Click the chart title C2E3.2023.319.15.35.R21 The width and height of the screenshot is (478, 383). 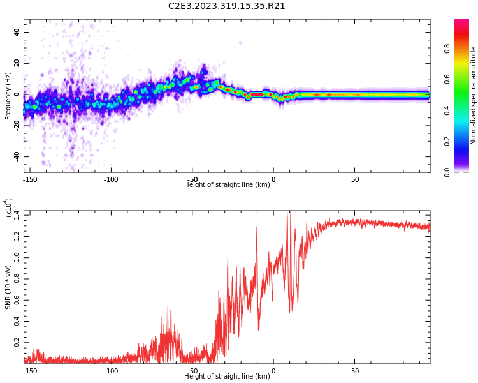point(227,6)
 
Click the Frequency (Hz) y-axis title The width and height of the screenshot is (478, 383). point(8,96)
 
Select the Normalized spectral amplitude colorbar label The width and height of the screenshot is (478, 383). point(474,96)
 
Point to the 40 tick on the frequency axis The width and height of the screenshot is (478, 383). point(17,32)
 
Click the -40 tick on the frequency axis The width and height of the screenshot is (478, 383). point(15,156)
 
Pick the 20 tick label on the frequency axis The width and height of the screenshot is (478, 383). point(17,63)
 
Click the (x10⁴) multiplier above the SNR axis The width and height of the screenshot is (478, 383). point(9,207)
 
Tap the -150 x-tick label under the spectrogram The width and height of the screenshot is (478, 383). point(29,180)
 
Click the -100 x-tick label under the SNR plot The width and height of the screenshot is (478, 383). point(111,371)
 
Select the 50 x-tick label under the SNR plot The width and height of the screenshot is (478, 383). point(355,371)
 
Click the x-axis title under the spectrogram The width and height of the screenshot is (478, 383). point(227,185)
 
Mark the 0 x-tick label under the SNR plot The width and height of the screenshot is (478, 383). point(273,371)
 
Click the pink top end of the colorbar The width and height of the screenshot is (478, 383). point(461,22)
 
